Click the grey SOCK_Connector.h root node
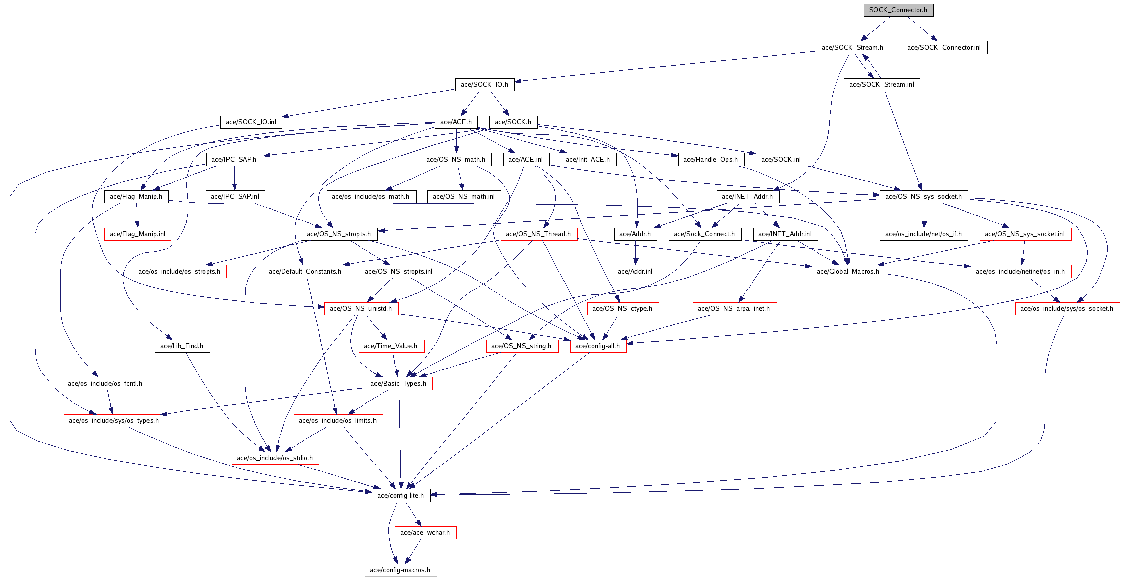(898, 10)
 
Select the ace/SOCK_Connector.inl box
(944, 47)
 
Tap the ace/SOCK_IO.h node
(484, 84)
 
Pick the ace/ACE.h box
(456, 122)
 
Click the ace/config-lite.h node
(400, 495)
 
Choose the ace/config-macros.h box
(401, 570)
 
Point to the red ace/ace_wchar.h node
(425, 532)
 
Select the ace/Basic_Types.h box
(398, 383)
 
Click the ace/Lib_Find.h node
(182, 346)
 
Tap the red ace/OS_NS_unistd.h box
(361, 308)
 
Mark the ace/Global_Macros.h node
(848, 271)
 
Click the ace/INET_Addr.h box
(747, 196)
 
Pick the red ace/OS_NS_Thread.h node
(539, 234)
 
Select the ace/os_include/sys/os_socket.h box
(1067, 308)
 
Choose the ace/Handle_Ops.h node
(711, 159)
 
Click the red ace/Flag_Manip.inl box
(137, 234)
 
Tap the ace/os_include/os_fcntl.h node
(105, 383)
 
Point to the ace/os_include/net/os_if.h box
(924, 234)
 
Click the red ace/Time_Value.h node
(391, 346)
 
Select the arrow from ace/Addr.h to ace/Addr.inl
(635, 253)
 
